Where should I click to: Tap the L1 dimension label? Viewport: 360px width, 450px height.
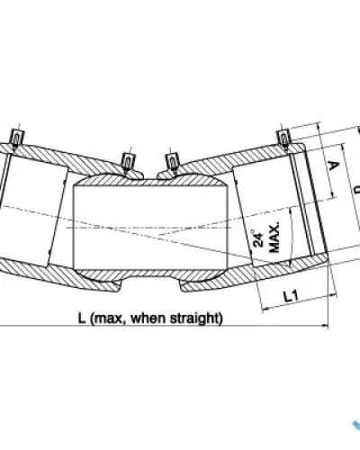[291, 296]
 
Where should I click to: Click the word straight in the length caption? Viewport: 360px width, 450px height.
[196, 318]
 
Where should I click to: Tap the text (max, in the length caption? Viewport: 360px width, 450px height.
[107, 318]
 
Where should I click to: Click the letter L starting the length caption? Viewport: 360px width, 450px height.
[82, 318]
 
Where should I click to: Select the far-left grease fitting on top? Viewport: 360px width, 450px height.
[17, 139]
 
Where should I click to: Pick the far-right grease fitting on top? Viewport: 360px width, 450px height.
[283, 139]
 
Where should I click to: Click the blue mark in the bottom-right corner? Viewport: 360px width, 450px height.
[356, 426]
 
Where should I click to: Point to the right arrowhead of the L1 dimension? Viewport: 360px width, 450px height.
[333, 295]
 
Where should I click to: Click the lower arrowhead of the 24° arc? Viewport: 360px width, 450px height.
[290, 263]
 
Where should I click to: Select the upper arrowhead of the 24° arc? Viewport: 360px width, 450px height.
[290, 211]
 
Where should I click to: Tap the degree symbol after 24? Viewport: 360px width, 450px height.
[253, 231]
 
